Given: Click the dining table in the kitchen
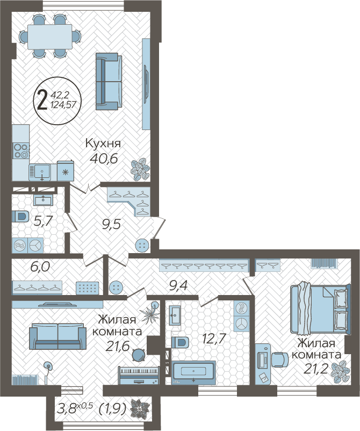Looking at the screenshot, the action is point(50,37).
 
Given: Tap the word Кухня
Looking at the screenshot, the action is point(103,143).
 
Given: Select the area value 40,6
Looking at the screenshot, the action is point(104,159).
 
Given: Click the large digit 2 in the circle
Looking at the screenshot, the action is point(42,100).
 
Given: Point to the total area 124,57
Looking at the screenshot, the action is point(63,104).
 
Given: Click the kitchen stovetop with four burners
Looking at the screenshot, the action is point(21,151).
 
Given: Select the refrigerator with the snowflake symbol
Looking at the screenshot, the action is point(66,171).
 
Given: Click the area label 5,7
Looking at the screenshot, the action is point(42,221).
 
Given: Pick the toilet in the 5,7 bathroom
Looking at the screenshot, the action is point(20,217).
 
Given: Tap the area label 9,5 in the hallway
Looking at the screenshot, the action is point(111,225).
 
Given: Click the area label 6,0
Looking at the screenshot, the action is point(40,267).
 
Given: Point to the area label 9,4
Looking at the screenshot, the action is point(178,286).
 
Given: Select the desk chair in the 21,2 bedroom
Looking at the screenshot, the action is point(280,360).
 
